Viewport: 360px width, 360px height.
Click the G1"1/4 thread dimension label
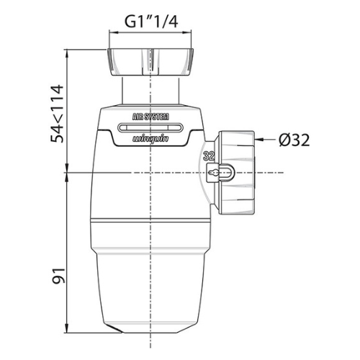tap(151, 22)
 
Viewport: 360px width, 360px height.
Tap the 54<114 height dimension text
tap(57, 114)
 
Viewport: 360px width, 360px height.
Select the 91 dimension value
tap(59, 276)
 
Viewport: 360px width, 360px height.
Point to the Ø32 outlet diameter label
tap(294, 140)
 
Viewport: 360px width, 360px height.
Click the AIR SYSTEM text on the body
tap(150, 117)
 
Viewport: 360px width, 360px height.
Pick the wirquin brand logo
tap(150, 139)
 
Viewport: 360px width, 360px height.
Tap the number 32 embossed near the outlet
tap(209, 156)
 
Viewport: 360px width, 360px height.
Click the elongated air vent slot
tap(150, 127)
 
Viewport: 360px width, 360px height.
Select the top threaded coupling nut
tap(150, 63)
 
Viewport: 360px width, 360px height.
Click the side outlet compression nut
tap(236, 173)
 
